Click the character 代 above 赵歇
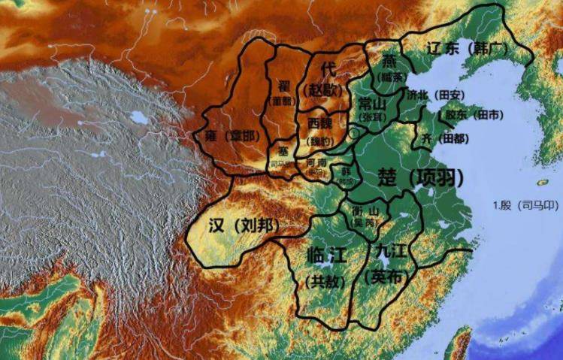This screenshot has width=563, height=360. click(x=328, y=69)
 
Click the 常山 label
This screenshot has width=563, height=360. click(x=374, y=103)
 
